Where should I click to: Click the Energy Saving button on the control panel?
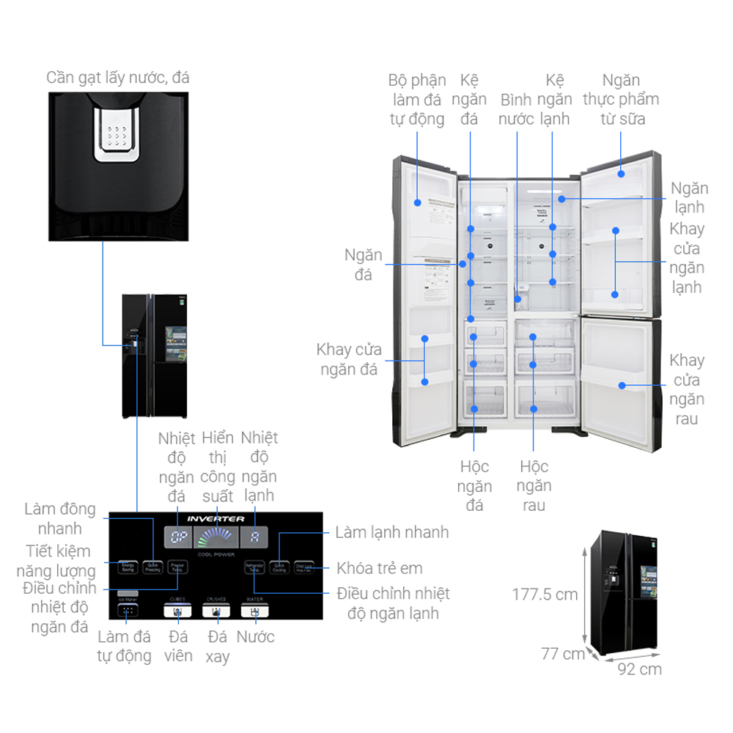128,567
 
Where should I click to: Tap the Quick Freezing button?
152,567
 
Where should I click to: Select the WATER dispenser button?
254,610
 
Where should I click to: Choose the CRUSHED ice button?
216,610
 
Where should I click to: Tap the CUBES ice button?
177,610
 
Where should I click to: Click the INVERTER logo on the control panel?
216,519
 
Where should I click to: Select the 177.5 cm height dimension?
545,594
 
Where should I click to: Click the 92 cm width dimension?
638,669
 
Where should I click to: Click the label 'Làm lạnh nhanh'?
391,532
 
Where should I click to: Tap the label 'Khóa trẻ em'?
379,568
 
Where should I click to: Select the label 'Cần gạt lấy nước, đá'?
117,78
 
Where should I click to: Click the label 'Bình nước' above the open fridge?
516,109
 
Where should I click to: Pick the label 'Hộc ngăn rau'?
534,485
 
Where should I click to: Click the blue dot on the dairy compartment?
621,174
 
